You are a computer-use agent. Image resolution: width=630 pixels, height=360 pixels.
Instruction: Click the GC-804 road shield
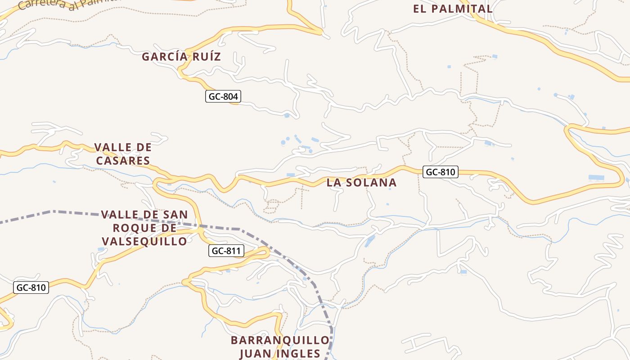pos(223,96)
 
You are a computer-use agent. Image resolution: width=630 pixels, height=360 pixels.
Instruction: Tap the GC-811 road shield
pos(226,251)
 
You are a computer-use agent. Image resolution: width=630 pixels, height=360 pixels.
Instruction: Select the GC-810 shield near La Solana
pos(441,171)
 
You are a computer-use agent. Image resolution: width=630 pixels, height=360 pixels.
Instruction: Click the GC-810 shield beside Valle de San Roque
pos(31,287)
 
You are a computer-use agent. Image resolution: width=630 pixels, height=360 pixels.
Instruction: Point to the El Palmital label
pos(453,9)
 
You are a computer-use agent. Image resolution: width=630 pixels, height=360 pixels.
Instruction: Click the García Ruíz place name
pos(181,57)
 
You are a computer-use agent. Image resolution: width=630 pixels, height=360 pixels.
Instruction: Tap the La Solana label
pos(361,182)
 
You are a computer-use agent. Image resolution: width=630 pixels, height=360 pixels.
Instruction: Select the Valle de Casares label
pos(122,154)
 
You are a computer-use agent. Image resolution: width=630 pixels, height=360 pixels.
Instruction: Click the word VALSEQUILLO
pos(144,242)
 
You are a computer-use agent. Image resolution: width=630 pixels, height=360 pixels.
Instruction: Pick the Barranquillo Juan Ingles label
pos(280,346)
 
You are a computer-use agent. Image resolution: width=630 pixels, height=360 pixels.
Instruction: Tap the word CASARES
pos(122,161)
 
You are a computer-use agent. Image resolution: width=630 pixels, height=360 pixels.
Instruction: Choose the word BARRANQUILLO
pos(280,340)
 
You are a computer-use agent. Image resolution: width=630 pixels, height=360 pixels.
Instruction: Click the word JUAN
pos(255,354)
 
